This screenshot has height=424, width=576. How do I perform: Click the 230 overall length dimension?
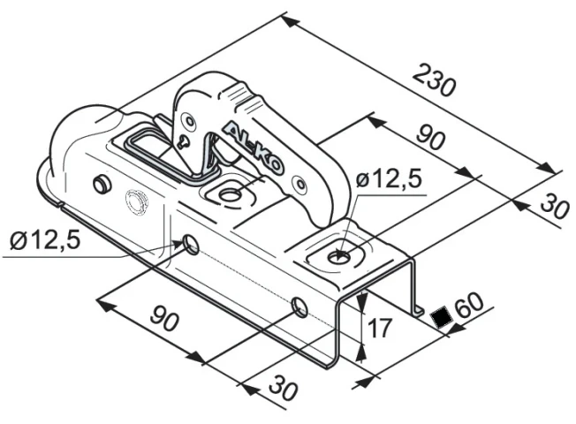(434, 80)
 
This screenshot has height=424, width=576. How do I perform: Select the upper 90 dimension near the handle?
(431, 138)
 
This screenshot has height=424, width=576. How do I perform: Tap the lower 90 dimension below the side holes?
(165, 318)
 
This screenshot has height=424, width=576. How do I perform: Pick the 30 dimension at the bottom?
(284, 388)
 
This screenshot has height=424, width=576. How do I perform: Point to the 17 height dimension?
(380, 328)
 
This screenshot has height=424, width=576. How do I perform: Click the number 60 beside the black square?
(468, 305)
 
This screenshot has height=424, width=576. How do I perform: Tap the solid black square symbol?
(440, 317)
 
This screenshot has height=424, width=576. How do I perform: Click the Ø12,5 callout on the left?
(45, 240)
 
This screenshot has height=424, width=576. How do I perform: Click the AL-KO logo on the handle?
(253, 147)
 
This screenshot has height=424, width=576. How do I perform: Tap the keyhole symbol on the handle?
(183, 141)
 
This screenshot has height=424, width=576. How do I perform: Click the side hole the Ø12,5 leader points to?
(192, 245)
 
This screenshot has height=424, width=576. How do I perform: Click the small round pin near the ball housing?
(102, 183)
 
